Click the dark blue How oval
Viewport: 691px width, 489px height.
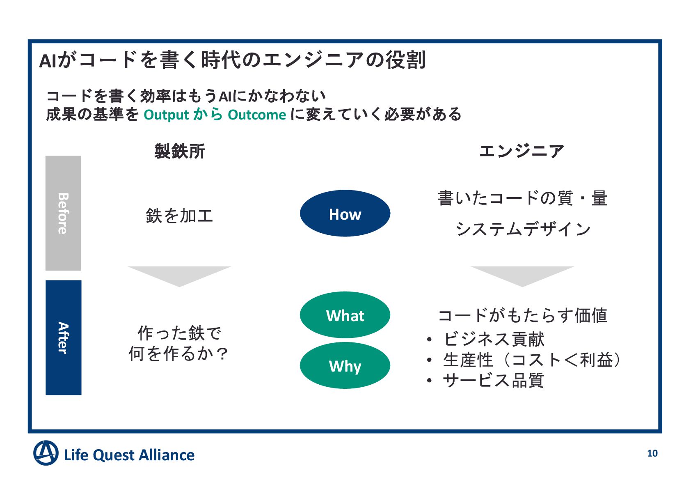pyautogui.click(x=345, y=214)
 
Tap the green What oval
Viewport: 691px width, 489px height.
pyautogui.click(x=345, y=315)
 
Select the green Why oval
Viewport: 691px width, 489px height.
pyautogui.click(x=345, y=365)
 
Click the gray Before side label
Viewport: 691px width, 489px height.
pyautogui.click(x=63, y=213)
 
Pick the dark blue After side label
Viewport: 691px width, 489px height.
pyautogui.click(x=63, y=337)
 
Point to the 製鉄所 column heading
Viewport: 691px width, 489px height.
pyautogui.click(x=179, y=151)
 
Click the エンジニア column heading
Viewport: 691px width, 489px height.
pyautogui.click(x=522, y=151)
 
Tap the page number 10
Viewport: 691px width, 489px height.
pyautogui.click(x=652, y=453)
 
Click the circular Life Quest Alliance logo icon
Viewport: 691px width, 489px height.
pyautogui.click(x=46, y=453)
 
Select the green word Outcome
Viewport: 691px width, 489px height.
pyautogui.click(x=257, y=115)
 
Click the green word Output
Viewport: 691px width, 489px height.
pyautogui.click(x=166, y=115)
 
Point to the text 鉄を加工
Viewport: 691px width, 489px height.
pyautogui.click(x=179, y=216)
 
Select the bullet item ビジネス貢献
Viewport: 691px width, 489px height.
pyautogui.click(x=494, y=339)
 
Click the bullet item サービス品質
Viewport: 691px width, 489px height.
pyautogui.click(x=494, y=380)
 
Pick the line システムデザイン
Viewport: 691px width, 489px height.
pyautogui.click(x=523, y=229)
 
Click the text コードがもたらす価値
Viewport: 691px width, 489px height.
pyautogui.click(x=523, y=315)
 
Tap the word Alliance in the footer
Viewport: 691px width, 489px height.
pyautogui.click(x=166, y=455)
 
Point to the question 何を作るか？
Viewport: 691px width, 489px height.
pyautogui.click(x=178, y=354)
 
